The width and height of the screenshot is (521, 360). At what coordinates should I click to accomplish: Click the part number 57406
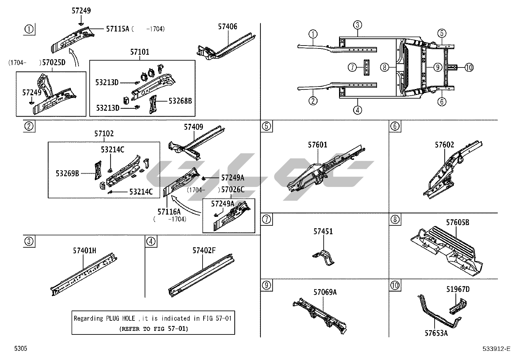(x=227, y=27)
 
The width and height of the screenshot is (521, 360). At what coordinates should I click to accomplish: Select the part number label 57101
(x=139, y=52)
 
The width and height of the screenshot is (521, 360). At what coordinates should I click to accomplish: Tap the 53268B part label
(x=180, y=101)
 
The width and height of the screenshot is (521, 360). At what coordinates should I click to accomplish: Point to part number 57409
(x=193, y=127)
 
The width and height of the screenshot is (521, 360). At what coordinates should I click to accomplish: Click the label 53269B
(x=67, y=173)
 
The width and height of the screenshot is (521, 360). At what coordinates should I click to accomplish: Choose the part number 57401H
(x=84, y=251)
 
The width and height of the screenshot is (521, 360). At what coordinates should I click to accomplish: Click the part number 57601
(x=317, y=145)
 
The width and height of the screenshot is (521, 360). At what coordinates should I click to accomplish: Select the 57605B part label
(x=458, y=222)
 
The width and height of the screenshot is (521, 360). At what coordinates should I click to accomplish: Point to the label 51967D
(x=458, y=289)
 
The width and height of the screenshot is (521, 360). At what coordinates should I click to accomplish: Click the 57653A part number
(x=436, y=333)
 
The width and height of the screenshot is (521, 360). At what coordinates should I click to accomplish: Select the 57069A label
(x=325, y=292)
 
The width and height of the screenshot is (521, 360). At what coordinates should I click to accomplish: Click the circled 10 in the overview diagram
(x=469, y=67)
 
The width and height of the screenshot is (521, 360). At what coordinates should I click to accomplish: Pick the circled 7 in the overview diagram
(x=352, y=67)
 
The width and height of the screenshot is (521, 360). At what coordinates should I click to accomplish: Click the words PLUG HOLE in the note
(x=120, y=318)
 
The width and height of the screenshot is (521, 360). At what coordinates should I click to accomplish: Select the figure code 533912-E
(x=496, y=349)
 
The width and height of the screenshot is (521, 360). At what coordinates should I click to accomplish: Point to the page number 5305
(x=20, y=349)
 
